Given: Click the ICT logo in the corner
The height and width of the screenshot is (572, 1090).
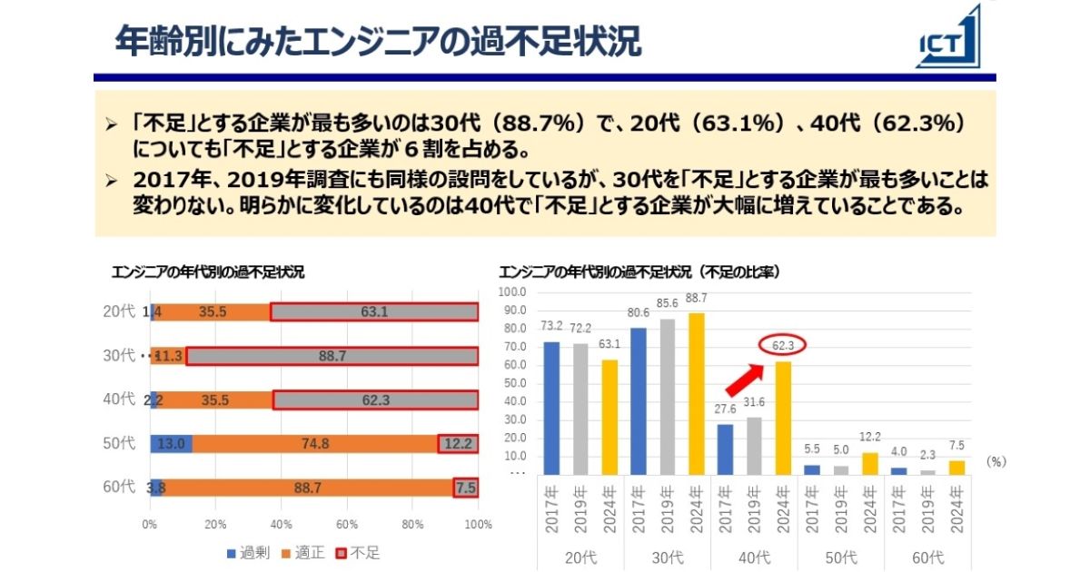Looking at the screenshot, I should click(x=950, y=38).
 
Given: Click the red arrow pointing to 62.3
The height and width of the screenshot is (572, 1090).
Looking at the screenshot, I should click(x=747, y=375).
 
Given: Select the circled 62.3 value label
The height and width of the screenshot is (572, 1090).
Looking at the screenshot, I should click(x=783, y=345).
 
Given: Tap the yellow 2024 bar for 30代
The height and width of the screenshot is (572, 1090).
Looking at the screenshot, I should click(x=697, y=393).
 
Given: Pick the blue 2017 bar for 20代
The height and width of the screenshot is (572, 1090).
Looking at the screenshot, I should click(x=551, y=408).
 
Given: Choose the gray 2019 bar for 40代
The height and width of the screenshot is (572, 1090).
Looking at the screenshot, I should click(x=754, y=445).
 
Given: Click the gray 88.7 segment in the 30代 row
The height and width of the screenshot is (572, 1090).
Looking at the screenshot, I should click(x=332, y=356).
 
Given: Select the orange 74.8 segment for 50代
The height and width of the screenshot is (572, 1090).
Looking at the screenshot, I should click(x=315, y=444).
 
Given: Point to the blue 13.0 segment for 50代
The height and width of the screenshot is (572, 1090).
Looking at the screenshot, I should click(x=172, y=444).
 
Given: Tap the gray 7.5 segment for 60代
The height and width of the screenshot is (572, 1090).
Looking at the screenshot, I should click(x=466, y=488).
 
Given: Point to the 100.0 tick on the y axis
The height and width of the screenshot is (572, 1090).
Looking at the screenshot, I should click(x=512, y=292).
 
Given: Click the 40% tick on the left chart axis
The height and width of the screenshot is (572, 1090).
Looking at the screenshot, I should click(x=282, y=525).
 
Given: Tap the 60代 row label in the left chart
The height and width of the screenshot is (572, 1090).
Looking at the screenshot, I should click(x=119, y=488).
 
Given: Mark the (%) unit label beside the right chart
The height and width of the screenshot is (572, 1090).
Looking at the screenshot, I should click(x=996, y=462).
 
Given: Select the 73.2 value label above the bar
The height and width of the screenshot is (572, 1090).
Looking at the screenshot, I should click(x=551, y=325).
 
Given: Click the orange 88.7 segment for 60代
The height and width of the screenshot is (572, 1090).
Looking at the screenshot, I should click(x=308, y=488).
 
